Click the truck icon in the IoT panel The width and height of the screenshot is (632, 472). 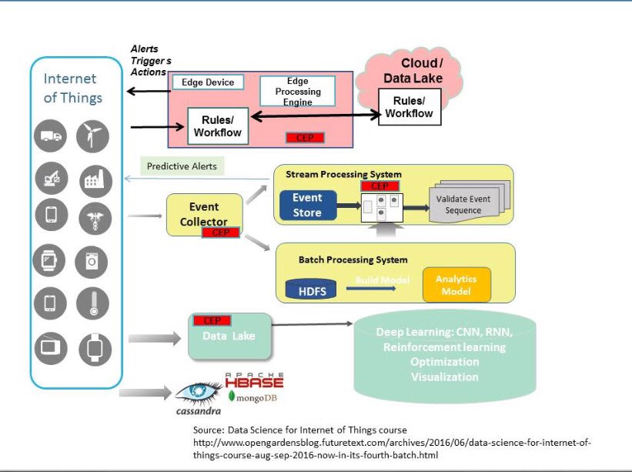tap(52, 137)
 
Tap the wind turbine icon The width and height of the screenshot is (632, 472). tap(93, 137)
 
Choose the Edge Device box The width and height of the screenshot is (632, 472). tap(207, 82)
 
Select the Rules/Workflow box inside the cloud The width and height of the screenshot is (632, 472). tap(409, 107)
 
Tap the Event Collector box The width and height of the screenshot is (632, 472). tap(204, 215)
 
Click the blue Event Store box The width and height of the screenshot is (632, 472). tap(306, 205)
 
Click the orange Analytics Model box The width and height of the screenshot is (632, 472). tap(456, 285)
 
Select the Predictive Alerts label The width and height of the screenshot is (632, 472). tap(182, 166)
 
